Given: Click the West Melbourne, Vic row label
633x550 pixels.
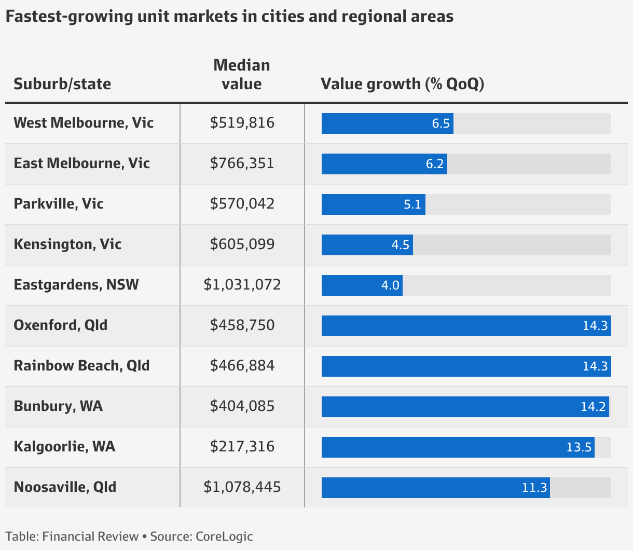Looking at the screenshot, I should [x=84, y=123].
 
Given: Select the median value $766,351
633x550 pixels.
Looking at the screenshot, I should [x=242, y=163].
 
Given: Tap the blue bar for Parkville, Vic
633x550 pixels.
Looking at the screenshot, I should [x=373, y=204].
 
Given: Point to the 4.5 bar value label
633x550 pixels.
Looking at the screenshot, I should [x=401, y=245].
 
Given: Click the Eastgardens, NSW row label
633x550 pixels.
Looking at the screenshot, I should [x=76, y=285].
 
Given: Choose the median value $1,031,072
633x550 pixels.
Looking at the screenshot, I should [x=242, y=285].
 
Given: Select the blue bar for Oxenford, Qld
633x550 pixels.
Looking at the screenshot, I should [x=466, y=326].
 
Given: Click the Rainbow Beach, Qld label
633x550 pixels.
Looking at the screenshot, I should [x=81, y=366].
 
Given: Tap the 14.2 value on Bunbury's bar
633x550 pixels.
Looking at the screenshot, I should [x=593, y=407].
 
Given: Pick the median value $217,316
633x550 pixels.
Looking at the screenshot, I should [x=242, y=447].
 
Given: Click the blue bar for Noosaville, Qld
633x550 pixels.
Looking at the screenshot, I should [x=435, y=488].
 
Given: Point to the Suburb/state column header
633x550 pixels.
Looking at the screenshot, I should [x=62, y=84].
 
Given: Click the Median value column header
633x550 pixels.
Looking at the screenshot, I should [x=242, y=74].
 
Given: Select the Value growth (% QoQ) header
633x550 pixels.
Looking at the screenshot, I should [x=402, y=84].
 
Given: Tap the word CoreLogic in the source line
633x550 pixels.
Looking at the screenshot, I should [x=224, y=537].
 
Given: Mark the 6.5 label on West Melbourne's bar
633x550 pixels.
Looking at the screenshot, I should [x=441, y=124].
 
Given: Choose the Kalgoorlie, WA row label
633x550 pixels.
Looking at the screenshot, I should [x=64, y=447].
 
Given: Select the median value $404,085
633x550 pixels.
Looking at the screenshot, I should [x=242, y=406].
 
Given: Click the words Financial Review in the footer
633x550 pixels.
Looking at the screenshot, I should [x=90, y=537].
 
